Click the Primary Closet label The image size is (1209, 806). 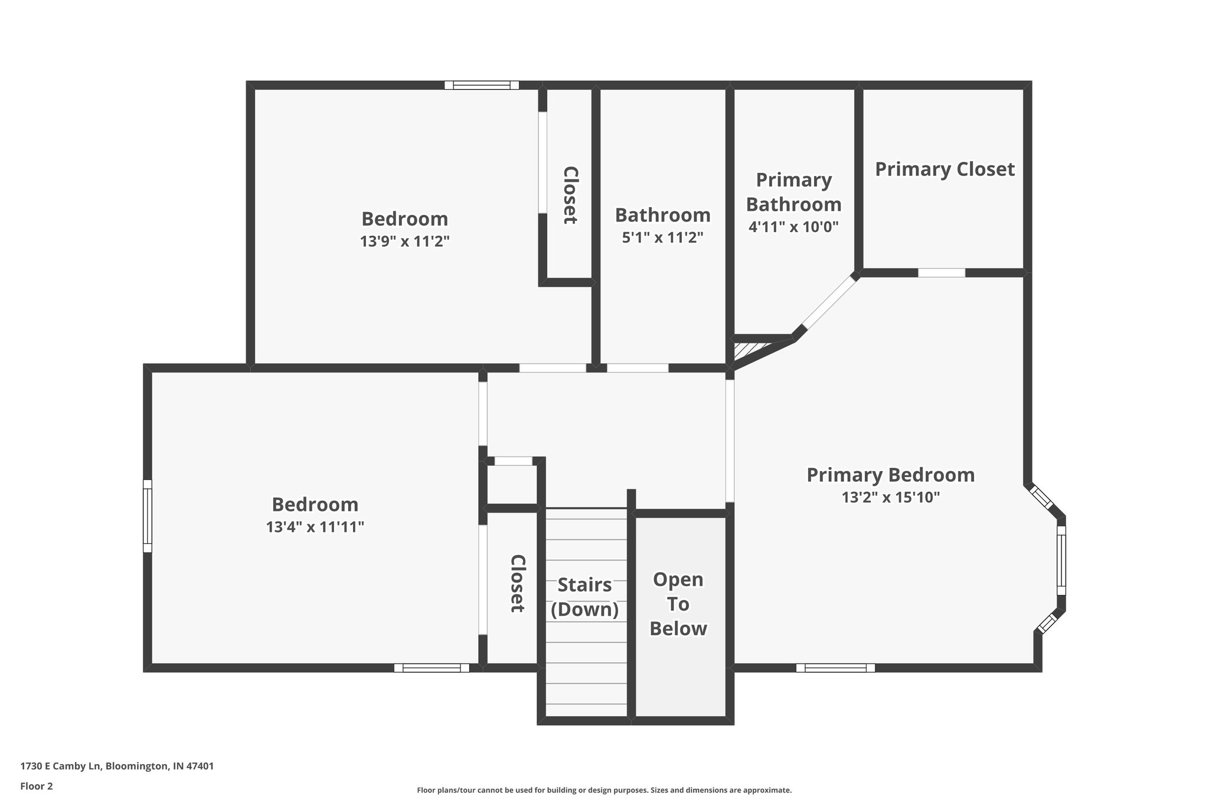click(x=944, y=169)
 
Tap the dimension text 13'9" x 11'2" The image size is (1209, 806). click(x=405, y=242)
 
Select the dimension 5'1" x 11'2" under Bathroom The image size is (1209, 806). click(x=662, y=238)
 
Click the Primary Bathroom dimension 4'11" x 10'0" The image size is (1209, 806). click(x=793, y=227)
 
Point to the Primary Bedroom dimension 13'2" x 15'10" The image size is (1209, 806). click(x=890, y=498)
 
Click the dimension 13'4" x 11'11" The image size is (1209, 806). click(x=315, y=527)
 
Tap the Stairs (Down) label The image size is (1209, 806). click(x=584, y=597)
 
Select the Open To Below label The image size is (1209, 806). click(x=678, y=604)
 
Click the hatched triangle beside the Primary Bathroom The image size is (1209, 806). click(x=746, y=350)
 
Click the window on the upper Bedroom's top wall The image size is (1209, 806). click(x=481, y=85)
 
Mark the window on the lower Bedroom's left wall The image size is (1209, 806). click(x=148, y=516)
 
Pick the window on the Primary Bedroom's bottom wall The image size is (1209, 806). click(x=835, y=668)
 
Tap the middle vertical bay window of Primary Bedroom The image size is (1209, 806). click(x=1061, y=560)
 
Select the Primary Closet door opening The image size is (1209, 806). click(x=941, y=273)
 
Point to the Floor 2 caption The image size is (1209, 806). click(x=37, y=786)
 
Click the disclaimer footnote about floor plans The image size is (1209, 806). click(x=604, y=790)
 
